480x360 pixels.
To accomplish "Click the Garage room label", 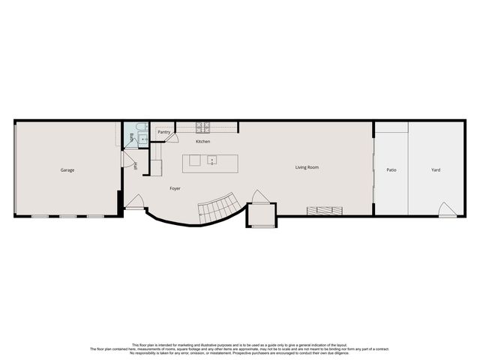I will pos(67,170).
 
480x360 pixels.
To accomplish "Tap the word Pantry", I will pos(163,132).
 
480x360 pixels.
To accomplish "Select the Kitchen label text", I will pos(203,142).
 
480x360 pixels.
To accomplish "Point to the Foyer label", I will pos(175,187).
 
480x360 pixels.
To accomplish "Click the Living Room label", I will pos(307,167).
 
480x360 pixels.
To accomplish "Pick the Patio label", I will pos(391,170).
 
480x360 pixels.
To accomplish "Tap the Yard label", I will pos(436,170).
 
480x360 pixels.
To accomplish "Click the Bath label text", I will pos(131,137).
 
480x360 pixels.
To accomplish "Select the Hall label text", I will pos(136,166).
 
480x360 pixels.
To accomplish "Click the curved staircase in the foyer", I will pos(219,208).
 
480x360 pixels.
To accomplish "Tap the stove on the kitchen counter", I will pos(203,127).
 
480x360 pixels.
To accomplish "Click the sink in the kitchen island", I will pos(213,160).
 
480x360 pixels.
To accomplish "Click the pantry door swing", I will pos(172,137).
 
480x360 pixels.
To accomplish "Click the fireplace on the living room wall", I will pos(324,211).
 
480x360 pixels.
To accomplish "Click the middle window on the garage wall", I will pos(67,217).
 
